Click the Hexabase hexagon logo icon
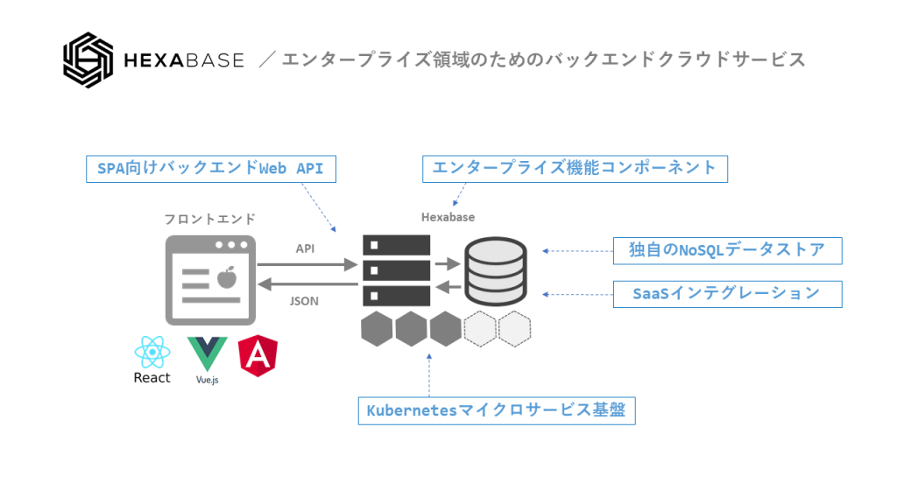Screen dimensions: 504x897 pos(89,60)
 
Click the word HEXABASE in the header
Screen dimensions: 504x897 pos(185,60)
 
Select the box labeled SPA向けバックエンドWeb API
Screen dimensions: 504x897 pos(210,168)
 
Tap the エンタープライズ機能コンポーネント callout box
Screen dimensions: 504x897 pos(575,168)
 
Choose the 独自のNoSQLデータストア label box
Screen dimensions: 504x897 pos(726,250)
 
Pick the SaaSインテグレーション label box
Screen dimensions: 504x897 pos(726,294)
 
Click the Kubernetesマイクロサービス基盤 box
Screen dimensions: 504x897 pos(496,410)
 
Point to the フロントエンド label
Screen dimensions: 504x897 pos(209,219)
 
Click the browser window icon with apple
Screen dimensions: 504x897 pos(210,279)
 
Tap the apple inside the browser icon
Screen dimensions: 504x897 pos(227,278)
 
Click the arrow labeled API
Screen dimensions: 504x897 pos(307,263)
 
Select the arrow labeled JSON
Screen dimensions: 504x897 pos(307,285)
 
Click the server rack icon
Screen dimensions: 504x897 pos(396,270)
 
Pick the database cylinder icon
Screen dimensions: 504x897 pos(495,270)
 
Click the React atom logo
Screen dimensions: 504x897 pos(152,353)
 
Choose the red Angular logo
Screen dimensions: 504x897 pos(259,355)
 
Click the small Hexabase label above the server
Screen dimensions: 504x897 pos(448,217)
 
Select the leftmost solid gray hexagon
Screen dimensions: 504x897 pos(377,329)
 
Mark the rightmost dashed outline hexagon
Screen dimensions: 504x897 pos(514,329)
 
